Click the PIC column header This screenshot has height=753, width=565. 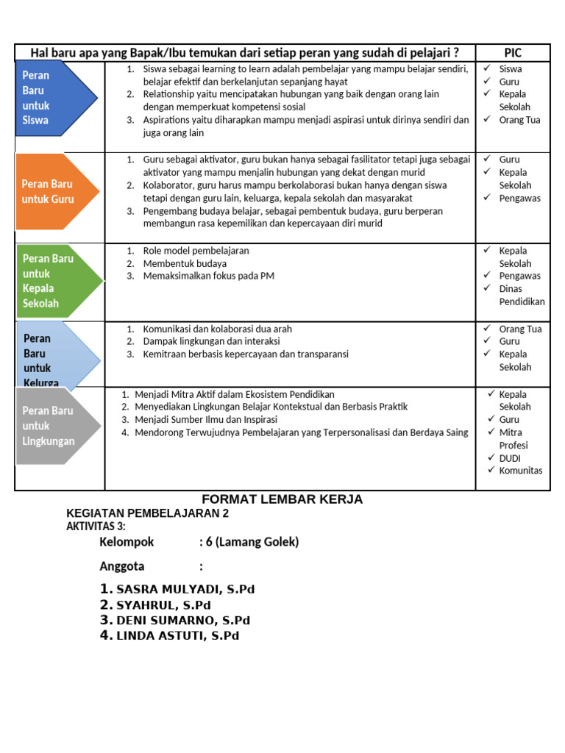coord(512,52)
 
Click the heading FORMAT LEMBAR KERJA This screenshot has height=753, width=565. coord(282,499)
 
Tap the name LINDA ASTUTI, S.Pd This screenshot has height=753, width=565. coord(177,636)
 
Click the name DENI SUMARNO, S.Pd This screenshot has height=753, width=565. coord(183,621)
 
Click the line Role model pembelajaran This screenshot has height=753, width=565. coord(196,251)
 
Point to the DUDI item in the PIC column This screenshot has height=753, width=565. coord(510,458)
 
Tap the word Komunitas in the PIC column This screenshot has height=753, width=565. coord(520,471)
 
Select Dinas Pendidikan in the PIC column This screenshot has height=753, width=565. coord(522,295)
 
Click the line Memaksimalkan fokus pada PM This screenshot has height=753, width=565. coord(208,276)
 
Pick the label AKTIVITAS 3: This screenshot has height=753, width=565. coord(96,527)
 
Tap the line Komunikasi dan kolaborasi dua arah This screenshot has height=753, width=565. coord(213,329)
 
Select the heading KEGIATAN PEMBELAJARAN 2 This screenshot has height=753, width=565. coord(148,513)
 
